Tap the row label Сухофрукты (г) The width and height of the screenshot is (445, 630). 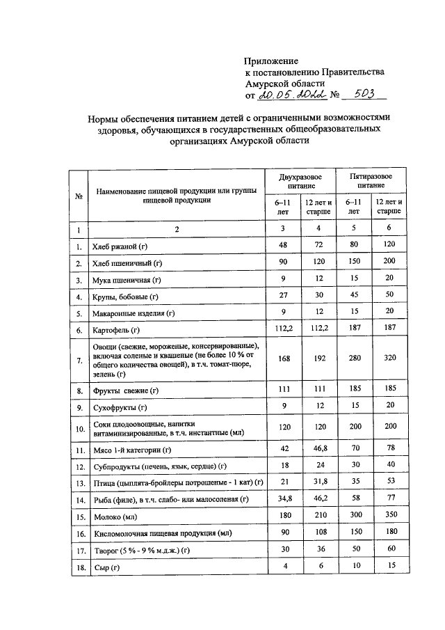120,407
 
